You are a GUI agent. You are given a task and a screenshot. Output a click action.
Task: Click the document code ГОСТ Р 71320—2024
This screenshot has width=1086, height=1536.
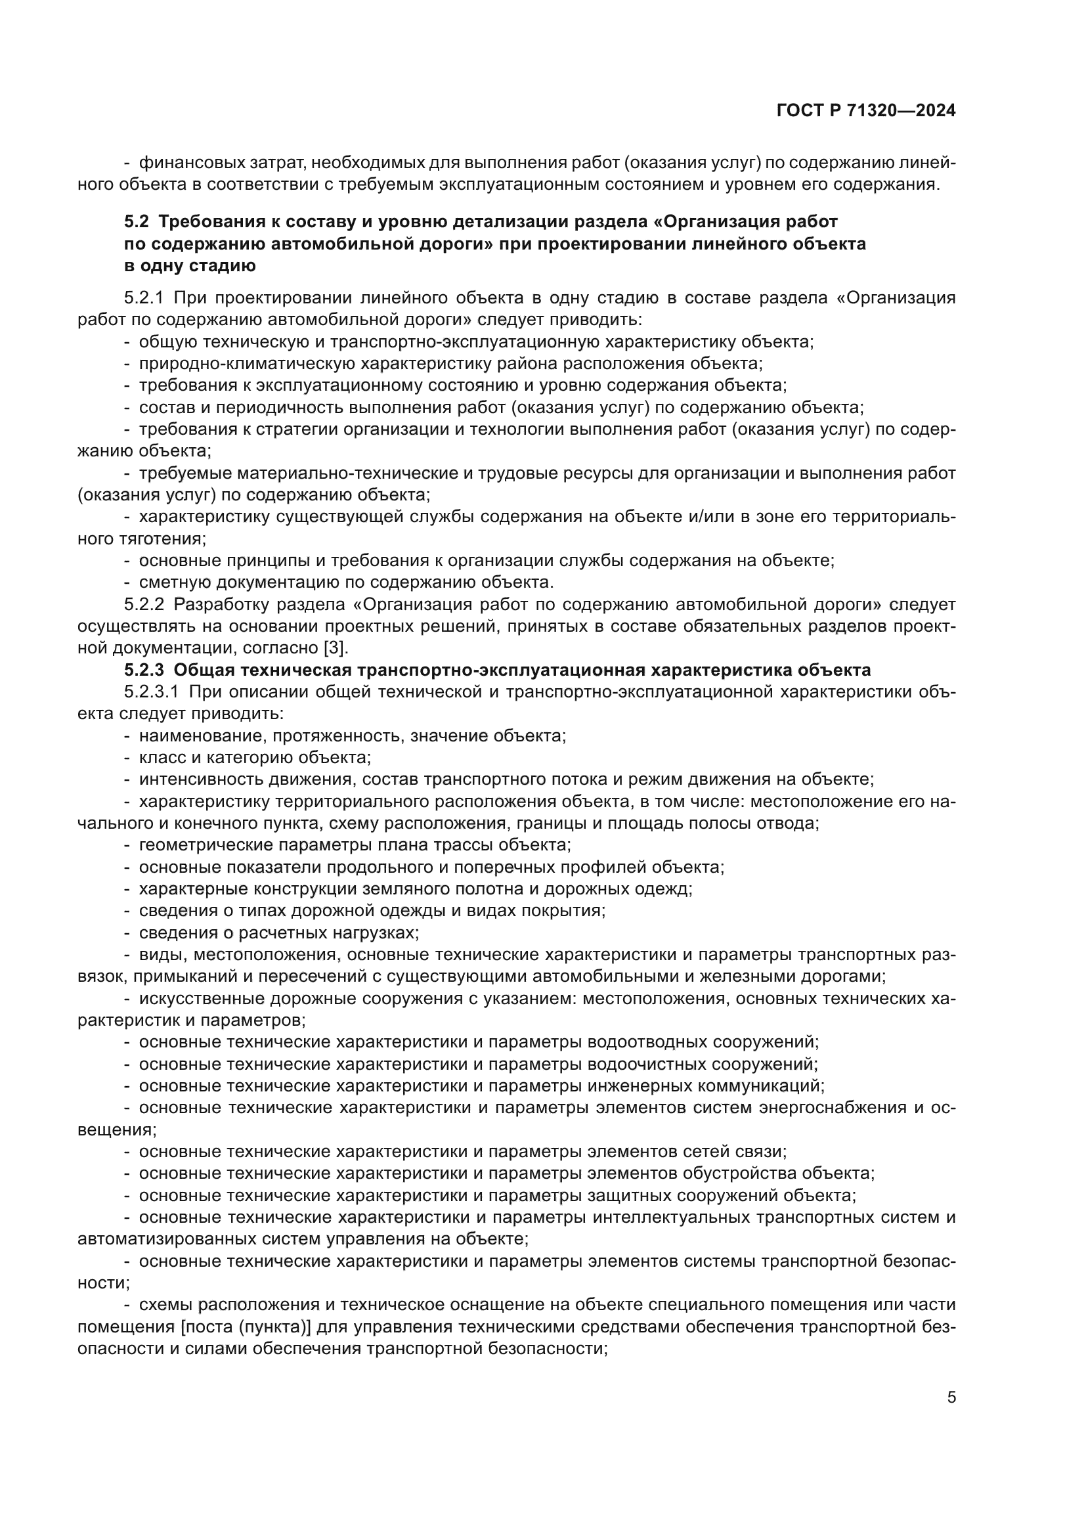pyautogui.click(x=866, y=111)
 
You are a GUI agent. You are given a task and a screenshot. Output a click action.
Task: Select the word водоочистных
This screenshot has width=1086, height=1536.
pyautogui.click(x=647, y=1064)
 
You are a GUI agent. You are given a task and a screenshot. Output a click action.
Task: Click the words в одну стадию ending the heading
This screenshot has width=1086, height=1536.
pyautogui.click(x=190, y=265)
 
